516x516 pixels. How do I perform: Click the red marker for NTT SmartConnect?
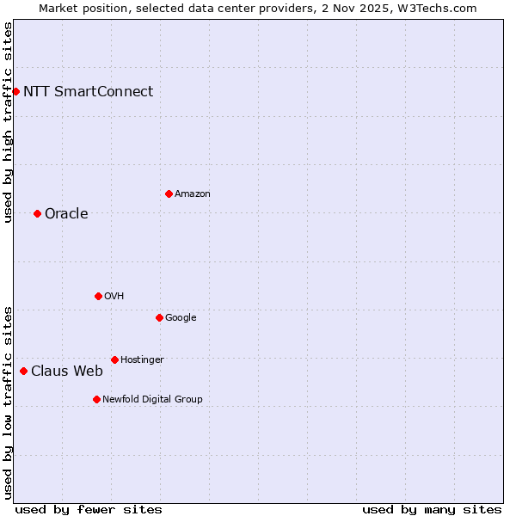coord(15,91)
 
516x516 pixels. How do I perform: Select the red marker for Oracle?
coord(37,213)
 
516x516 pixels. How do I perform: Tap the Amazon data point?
coord(169,193)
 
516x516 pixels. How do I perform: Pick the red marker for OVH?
coord(98,296)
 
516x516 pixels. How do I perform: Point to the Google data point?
coord(159,317)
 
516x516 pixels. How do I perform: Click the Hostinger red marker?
coord(114,359)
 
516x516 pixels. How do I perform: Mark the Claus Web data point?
coord(23,371)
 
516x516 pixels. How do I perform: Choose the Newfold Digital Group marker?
coord(96,399)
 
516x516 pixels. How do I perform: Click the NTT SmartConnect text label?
coord(88,91)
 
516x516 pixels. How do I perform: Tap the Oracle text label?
coord(66,213)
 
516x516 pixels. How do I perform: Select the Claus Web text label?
coord(67,371)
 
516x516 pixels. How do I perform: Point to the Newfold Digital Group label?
coord(152,399)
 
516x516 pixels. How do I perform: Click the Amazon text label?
coord(192,193)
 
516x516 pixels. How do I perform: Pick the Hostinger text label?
coord(142,359)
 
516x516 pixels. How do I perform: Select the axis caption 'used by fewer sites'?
coord(89,509)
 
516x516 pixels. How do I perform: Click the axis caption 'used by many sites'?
coord(432,509)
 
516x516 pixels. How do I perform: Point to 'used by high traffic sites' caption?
coord(8,122)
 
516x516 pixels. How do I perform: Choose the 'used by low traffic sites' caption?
coord(8,402)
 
